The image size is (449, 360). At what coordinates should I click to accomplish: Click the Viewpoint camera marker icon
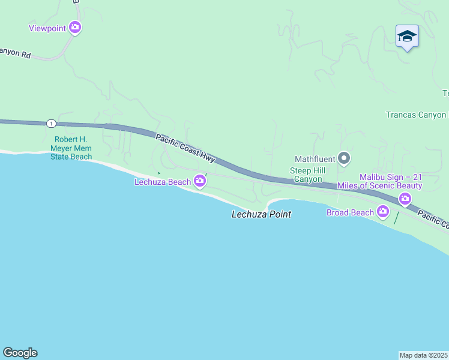75,27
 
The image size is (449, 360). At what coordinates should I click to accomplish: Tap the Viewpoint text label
47,28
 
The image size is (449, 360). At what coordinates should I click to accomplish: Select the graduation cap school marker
407,37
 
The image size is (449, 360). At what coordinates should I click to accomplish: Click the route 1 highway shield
51,124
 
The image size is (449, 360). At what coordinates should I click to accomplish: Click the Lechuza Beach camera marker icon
200,182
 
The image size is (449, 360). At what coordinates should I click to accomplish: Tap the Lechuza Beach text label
162,182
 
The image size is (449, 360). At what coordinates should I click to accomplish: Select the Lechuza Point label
261,214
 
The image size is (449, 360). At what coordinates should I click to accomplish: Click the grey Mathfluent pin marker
343,159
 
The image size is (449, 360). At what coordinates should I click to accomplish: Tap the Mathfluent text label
313,160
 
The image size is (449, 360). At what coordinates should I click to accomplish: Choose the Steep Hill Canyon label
306,175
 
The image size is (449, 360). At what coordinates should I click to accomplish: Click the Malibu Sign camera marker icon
405,199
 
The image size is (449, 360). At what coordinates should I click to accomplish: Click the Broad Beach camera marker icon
383,212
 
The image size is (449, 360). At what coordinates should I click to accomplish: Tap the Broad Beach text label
349,212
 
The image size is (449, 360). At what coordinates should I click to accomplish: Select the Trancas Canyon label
416,115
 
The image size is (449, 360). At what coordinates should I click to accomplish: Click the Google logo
20,353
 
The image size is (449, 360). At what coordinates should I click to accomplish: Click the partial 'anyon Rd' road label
15,53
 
